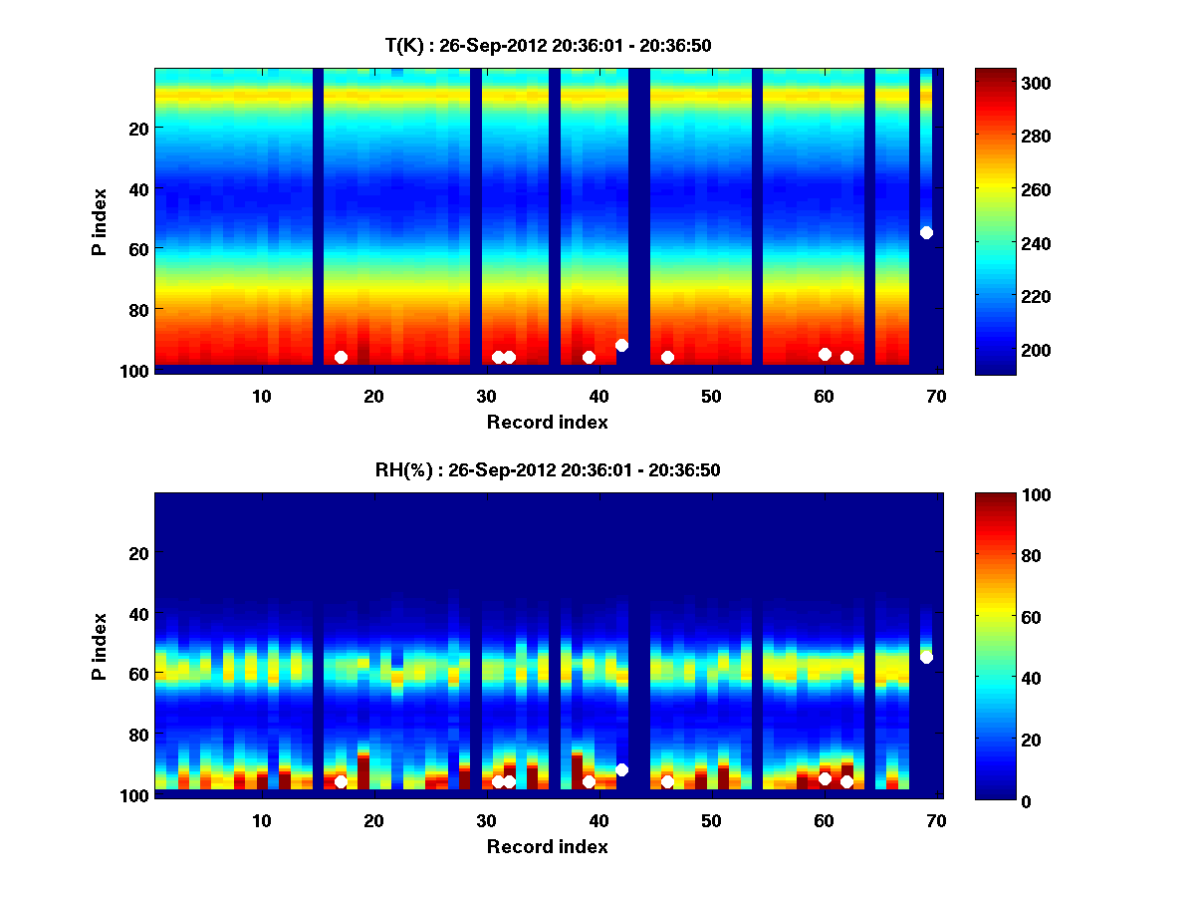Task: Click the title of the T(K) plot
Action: point(548,45)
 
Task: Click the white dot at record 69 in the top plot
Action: point(926,232)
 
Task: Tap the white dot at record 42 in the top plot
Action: point(621,345)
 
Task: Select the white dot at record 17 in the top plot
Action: point(341,357)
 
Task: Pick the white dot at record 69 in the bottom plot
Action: point(926,657)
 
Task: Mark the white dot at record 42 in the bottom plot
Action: point(621,769)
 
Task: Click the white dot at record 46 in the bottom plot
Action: point(667,781)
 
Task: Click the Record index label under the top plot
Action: point(548,422)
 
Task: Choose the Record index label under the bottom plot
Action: point(548,846)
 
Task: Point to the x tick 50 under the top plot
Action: point(711,396)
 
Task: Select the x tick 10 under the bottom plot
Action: point(261,820)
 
